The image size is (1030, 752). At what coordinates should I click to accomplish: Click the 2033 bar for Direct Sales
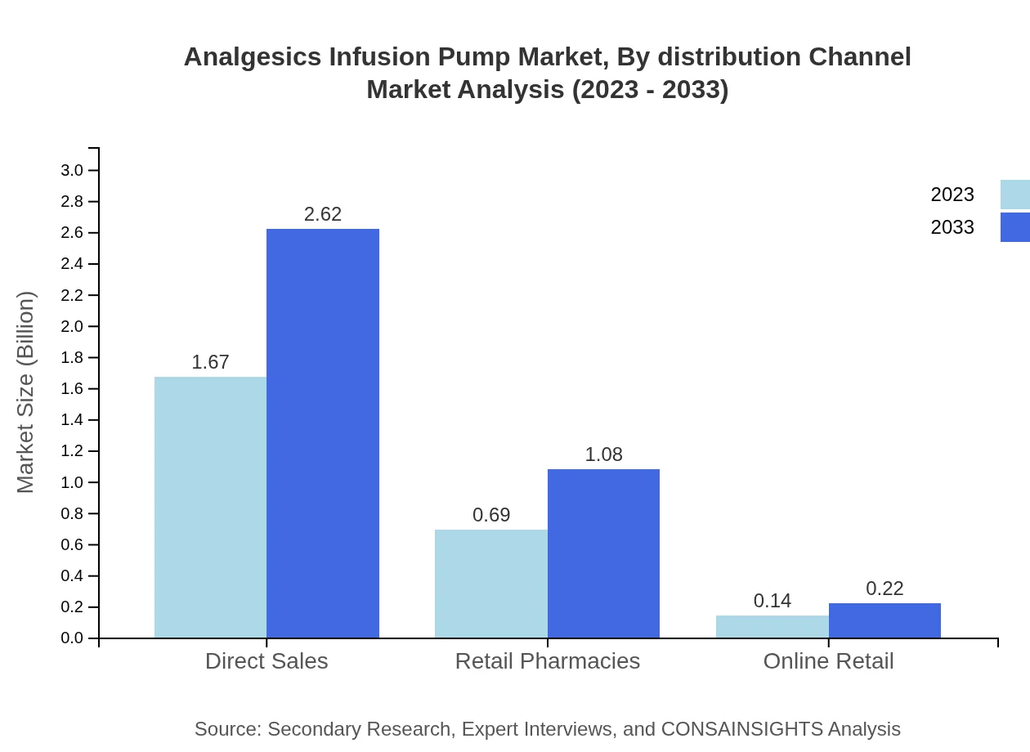[x=323, y=433]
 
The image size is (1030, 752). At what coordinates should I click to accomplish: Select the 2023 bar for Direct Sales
[x=210, y=507]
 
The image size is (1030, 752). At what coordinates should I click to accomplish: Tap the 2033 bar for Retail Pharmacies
[x=603, y=553]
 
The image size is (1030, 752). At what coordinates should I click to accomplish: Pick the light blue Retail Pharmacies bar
[x=490, y=584]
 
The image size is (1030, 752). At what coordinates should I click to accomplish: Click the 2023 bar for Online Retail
[x=772, y=626]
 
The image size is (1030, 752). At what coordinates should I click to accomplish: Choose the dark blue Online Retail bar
[x=884, y=620]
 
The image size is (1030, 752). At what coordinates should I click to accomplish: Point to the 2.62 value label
[x=323, y=214]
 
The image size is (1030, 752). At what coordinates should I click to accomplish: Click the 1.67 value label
[x=210, y=362]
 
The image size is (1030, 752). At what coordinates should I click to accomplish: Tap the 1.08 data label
[x=603, y=454]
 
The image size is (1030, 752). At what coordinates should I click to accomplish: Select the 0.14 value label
[x=772, y=601]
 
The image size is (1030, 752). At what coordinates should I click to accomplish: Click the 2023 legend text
[x=952, y=195]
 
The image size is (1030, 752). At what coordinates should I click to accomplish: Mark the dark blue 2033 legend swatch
[x=1014, y=227]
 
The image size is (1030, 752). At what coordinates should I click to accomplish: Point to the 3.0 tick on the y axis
[x=72, y=170]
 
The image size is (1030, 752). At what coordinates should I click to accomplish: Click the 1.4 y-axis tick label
[x=72, y=420]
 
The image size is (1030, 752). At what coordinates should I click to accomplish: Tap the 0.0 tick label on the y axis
[x=72, y=638]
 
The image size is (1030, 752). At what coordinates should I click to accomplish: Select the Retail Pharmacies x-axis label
[x=547, y=660]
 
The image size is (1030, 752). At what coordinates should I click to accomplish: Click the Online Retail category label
[x=828, y=660]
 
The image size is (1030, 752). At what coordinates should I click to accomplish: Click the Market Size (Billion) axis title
[x=26, y=392]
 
